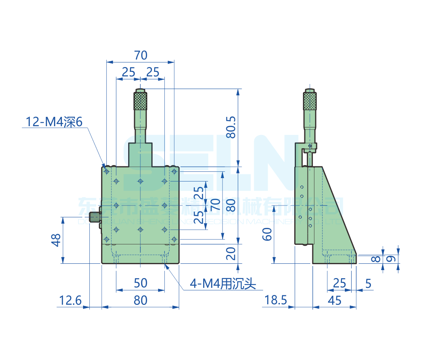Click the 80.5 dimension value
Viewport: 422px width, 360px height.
coord(231,127)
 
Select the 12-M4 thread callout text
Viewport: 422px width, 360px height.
coord(54,122)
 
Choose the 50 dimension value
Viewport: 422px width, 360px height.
coord(140,283)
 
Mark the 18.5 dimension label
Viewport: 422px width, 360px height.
coord(276,300)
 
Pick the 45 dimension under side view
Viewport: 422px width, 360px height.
coord(335,300)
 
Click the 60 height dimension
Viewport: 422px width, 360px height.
coord(267,233)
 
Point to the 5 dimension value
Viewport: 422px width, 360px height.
coord(368,284)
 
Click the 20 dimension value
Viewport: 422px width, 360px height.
coord(231,253)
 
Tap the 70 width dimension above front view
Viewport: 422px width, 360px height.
coord(140,55)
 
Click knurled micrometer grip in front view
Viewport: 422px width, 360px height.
coord(141,101)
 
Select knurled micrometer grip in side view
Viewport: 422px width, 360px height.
coord(310,101)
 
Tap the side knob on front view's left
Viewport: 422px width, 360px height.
coord(97,217)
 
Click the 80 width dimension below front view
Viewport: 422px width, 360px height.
coord(140,300)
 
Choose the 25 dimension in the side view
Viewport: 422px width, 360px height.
coord(339,283)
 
